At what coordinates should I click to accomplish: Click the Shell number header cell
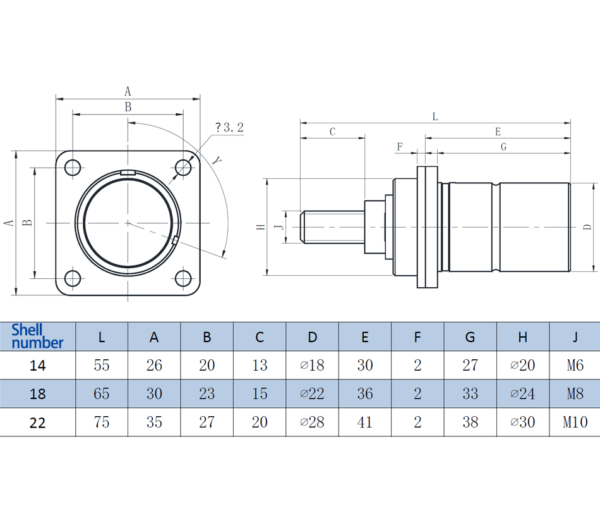(37, 336)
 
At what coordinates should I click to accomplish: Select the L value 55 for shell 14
(102, 365)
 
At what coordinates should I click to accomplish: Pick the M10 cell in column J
(575, 422)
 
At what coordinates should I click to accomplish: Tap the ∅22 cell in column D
(312, 393)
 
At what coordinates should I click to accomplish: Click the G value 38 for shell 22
(470, 422)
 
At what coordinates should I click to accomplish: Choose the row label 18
(38, 393)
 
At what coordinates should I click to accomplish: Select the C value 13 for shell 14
(260, 365)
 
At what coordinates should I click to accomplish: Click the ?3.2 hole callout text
(229, 128)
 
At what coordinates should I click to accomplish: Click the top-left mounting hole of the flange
(73, 168)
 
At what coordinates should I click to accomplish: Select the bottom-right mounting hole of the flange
(183, 278)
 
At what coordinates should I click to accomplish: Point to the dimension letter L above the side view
(435, 116)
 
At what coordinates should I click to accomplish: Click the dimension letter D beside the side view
(587, 226)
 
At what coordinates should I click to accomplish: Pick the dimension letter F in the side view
(399, 147)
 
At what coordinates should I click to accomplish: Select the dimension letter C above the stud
(332, 132)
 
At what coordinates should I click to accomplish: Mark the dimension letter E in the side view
(498, 132)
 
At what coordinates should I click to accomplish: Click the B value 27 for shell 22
(207, 422)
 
